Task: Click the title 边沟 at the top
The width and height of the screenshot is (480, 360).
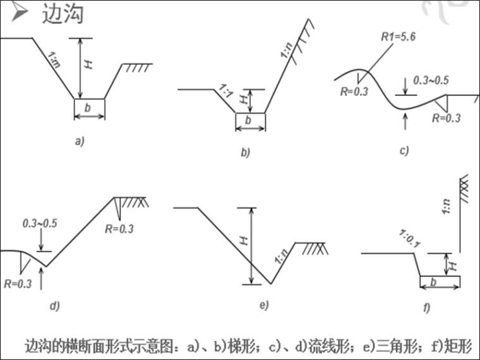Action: (x=63, y=14)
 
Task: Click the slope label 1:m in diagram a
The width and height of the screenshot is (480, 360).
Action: (x=56, y=61)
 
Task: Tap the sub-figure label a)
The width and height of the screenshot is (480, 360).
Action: (x=79, y=141)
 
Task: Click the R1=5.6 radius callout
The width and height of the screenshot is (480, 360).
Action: (x=397, y=37)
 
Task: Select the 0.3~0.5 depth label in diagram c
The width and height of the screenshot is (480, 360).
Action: (x=431, y=80)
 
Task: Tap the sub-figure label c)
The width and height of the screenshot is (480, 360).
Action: (x=404, y=150)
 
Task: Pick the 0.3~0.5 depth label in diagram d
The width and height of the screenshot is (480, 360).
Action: (x=40, y=223)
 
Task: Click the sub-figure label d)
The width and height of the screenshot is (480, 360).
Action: (x=54, y=306)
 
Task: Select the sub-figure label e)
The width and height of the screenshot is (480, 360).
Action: (x=263, y=305)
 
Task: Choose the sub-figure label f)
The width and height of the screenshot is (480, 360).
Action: (x=426, y=308)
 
